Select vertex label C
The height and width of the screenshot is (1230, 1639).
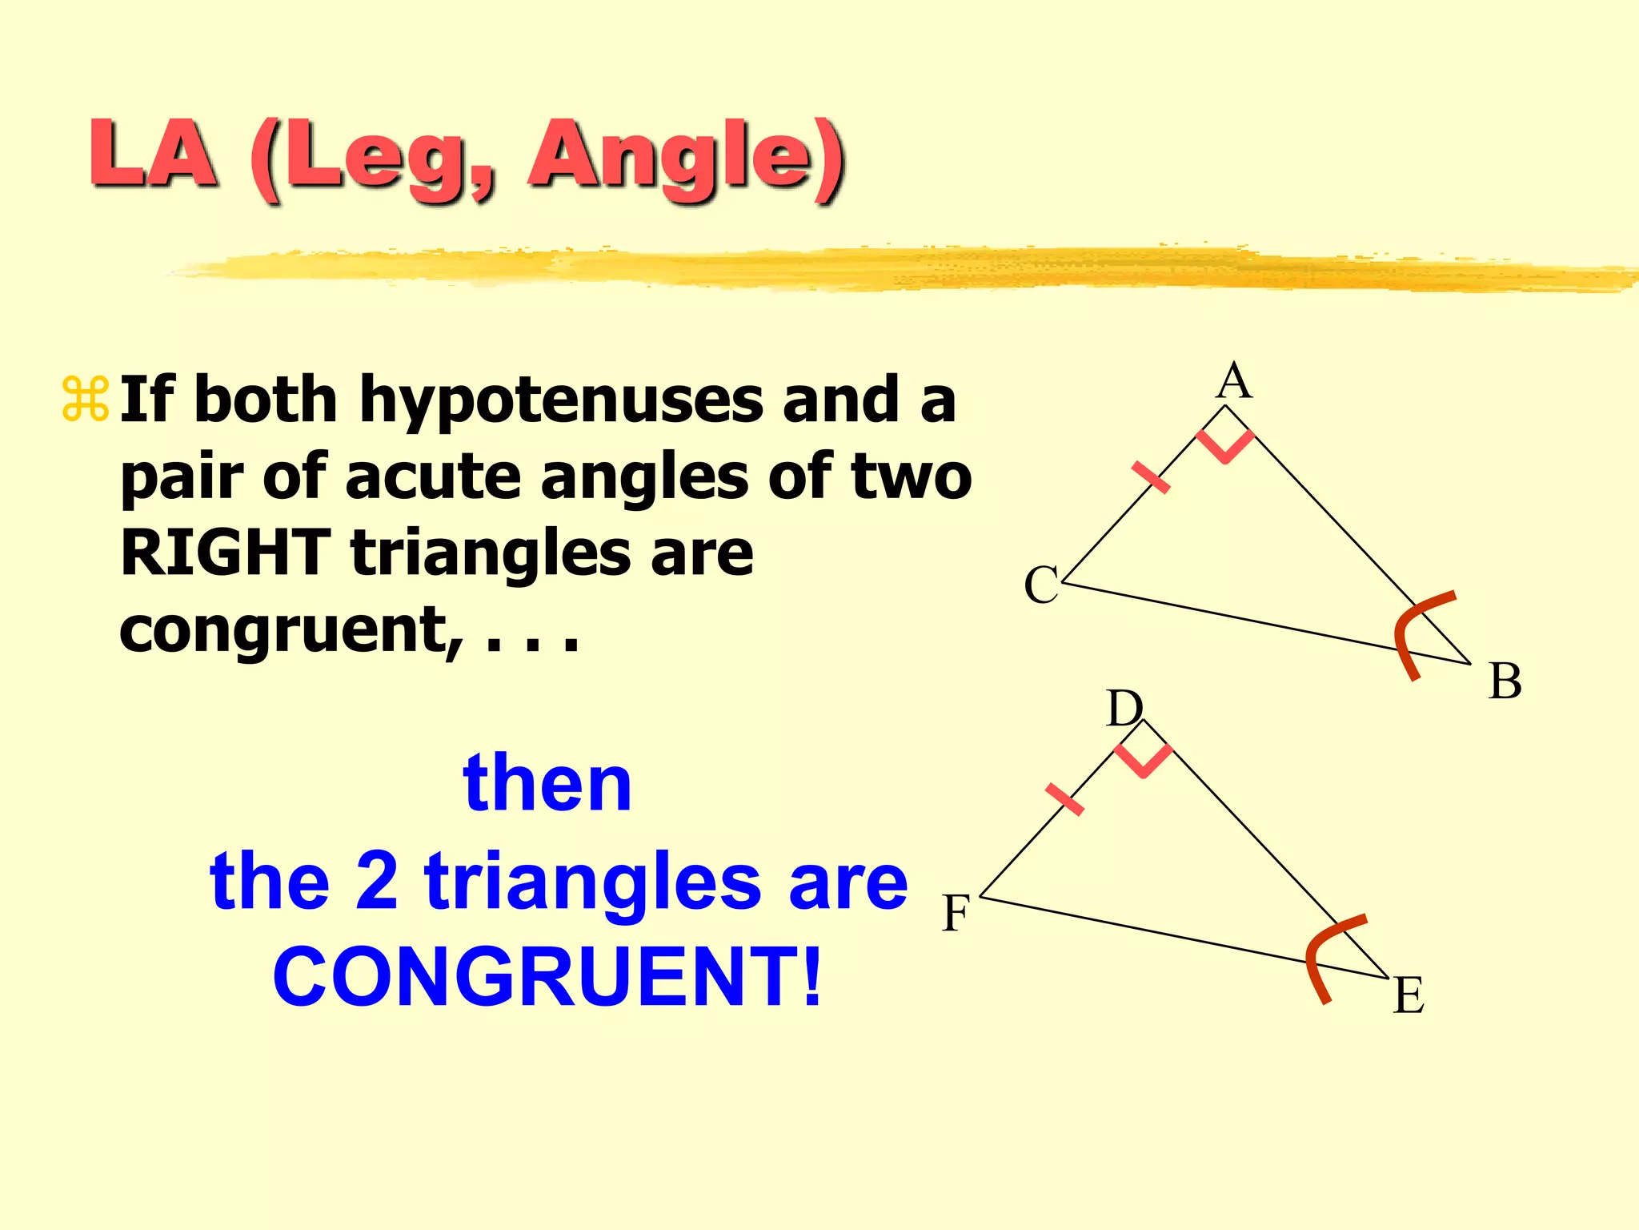pos(1041,585)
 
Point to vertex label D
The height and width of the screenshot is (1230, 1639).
pos(1124,709)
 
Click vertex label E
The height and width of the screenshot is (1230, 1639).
pos(1409,996)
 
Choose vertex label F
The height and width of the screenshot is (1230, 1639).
pos(956,913)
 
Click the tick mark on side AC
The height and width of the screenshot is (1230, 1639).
pos(1151,477)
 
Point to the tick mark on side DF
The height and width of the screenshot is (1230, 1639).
pos(1064,799)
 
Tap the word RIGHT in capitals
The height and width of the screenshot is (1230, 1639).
pos(225,553)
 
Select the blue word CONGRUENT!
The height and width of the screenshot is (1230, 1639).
pos(547,977)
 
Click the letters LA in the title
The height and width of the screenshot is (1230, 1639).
pos(152,154)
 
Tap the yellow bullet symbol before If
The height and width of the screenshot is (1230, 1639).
pos(86,399)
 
